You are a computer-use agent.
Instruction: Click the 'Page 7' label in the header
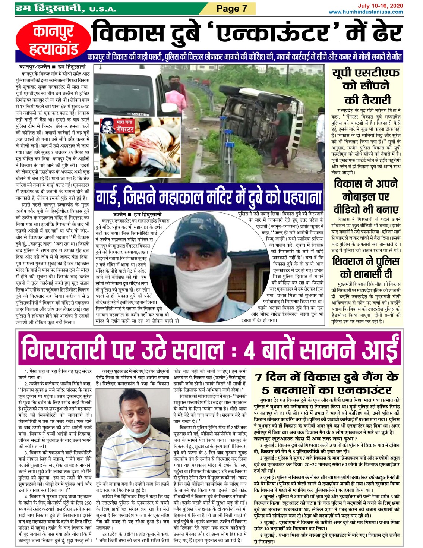tap(231, 9)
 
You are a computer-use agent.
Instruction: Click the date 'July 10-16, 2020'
tap(380, 6)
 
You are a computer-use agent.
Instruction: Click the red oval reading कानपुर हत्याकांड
tap(53, 40)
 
